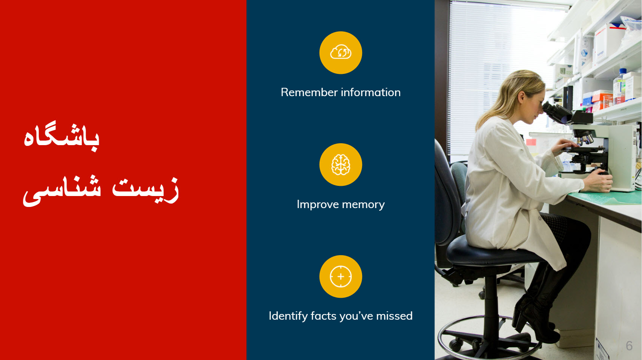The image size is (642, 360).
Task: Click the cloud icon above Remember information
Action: pyautogui.click(x=341, y=52)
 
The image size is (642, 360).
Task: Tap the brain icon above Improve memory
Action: pyautogui.click(x=341, y=164)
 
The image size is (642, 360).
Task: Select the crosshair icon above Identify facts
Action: pyautogui.click(x=341, y=276)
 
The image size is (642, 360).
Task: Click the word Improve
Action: pyautogui.click(x=318, y=205)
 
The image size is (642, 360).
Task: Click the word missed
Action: pyautogui.click(x=395, y=316)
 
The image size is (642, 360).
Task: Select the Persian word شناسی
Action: pyautogui.click(x=62, y=191)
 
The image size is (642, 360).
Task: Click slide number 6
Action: pyautogui.click(x=629, y=346)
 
